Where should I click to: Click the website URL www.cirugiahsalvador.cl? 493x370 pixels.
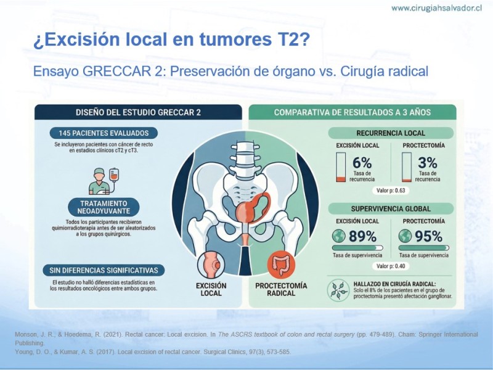pyautogui.click(x=436, y=8)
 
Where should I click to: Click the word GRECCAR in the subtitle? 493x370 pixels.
pyautogui.click(x=116, y=72)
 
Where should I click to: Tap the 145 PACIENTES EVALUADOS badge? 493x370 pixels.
pyautogui.click(x=104, y=133)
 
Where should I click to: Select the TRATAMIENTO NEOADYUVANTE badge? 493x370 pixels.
pyautogui.click(x=104, y=207)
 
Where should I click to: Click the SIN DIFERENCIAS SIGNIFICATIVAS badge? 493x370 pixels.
pyautogui.click(x=104, y=270)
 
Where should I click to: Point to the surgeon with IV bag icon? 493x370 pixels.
pyautogui.click(x=104, y=181)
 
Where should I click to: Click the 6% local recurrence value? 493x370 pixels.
pyautogui.click(x=362, y=163)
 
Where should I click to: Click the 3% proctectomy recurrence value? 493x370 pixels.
pyautogui.click(x=428, y=163)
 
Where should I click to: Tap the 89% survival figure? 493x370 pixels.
pyautogui.click(x=362, y=236)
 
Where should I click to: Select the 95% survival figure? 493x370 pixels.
pyautogui.click(x=428, y=236)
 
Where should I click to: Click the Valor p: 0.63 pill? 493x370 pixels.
pyautogui.click(x=391, y=191)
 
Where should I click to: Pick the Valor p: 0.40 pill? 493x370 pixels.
pyautogui.click(x=391, y=266)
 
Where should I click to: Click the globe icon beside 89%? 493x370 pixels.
pyautogui.click(x=339, y=236)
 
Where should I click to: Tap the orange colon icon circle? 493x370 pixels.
pyautogui.click(x=281, y=265)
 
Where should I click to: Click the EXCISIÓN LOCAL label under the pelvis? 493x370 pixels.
pyautogui.click(x=211, y=289)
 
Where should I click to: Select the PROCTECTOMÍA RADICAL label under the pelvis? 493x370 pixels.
pyautogui.click(x=281, y=289)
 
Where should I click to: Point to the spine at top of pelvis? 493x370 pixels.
pyautogui.click(x=245, y=159)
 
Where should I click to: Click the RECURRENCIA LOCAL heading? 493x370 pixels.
pyautogui.click(x=391, y=133)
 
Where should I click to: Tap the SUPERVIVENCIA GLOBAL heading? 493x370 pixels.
pyautogui.click(x=391, y=208)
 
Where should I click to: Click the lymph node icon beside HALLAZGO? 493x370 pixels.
pyautogui.click(x=338, y=290)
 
